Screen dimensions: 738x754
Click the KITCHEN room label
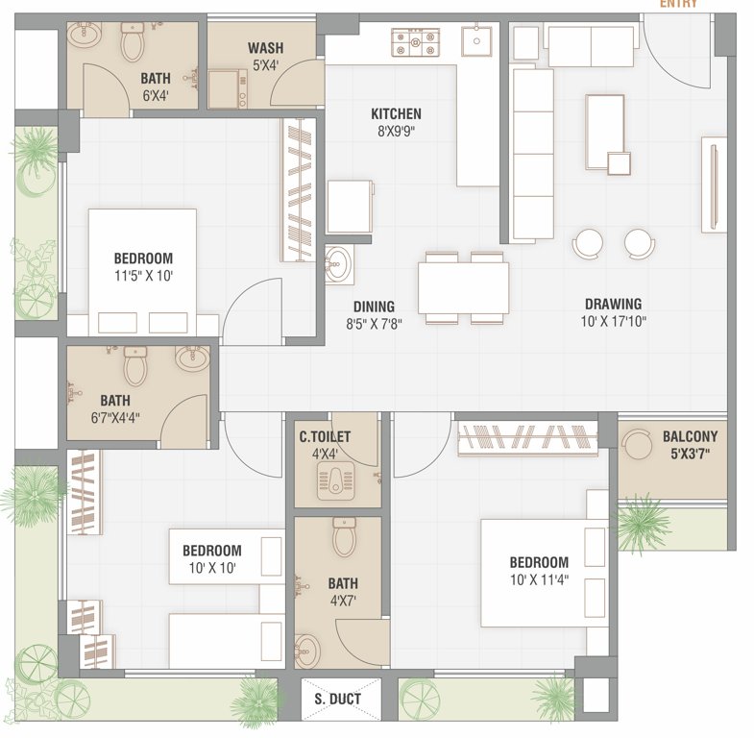click(396, 114)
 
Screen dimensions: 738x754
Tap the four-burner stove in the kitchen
click(414, 41)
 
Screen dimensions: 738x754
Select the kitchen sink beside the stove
click(475, 41)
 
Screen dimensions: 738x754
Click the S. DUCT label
click(338, 699)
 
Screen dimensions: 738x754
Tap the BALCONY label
click(690, 436)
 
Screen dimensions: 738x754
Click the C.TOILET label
click(325, 437)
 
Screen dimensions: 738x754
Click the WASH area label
click(264, 48)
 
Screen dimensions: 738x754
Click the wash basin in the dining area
click(337, 264)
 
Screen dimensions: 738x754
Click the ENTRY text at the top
click(678, 4)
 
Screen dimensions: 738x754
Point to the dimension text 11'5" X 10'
click(143, 276)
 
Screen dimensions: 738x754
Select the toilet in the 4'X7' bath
click(344, 538)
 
